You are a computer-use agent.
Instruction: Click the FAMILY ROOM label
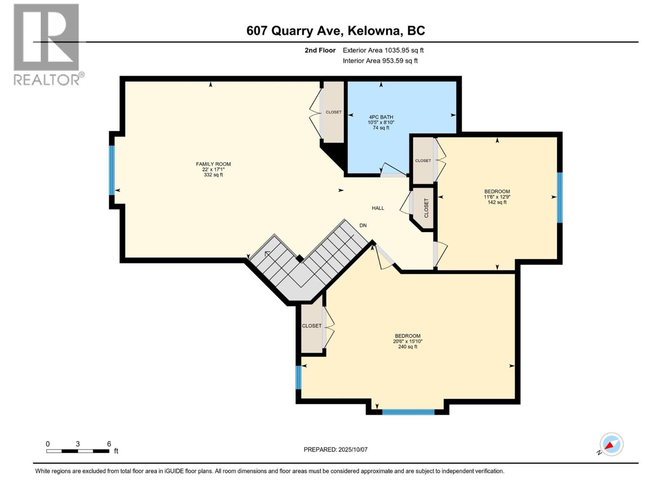213,164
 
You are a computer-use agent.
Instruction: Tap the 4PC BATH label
381,117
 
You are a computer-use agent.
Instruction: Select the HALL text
378,208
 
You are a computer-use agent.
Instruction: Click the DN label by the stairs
363,226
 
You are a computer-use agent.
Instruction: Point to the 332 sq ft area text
213,175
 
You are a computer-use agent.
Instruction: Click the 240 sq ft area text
407,347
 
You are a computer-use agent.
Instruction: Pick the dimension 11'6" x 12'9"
497,197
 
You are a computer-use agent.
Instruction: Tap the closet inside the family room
333,112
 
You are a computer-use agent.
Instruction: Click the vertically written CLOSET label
426,208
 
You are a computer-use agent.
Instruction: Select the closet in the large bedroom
312,326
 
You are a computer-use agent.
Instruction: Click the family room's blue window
112,170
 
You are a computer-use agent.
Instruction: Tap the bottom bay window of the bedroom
408,412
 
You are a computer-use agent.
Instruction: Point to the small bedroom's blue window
559,197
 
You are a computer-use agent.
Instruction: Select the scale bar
78,451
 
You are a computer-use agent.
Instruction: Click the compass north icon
611,444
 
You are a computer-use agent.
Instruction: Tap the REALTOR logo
47,44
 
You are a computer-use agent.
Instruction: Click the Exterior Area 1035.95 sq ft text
383,50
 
